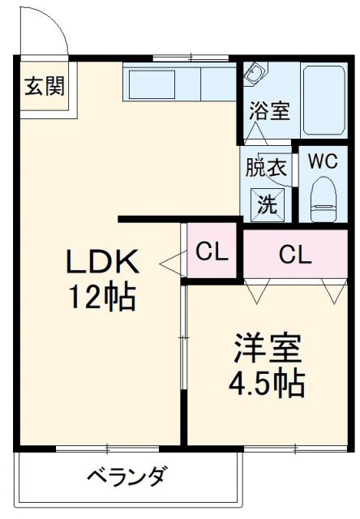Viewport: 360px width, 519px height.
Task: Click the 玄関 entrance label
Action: coord(44,85)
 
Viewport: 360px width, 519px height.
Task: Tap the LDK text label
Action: coord(103,262)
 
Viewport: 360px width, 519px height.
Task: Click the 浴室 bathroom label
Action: coord(269,111)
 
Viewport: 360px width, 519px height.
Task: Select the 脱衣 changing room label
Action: coord(267,169)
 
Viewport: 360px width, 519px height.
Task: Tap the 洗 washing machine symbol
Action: coord(267,203)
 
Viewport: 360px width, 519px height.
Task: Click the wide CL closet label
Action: coord(295,255)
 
